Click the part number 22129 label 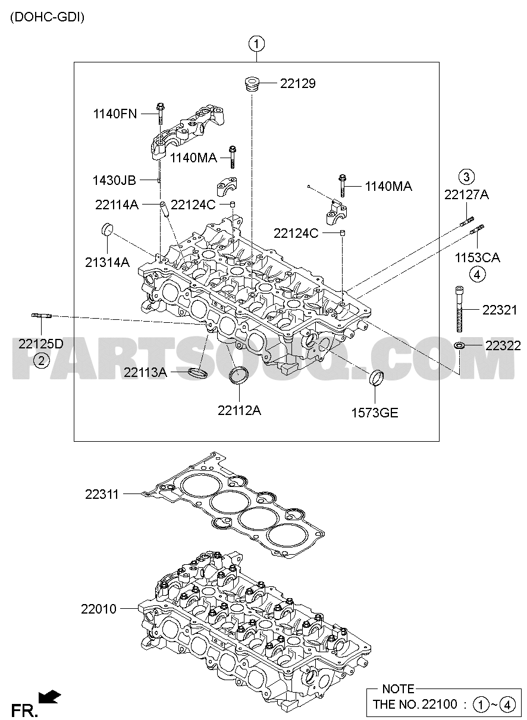(297, 84)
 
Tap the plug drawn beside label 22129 (251, 84)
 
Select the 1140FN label (115, 114)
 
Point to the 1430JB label (114, 180)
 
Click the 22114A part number (117, 205)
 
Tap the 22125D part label (41, 344)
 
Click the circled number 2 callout (42, 361)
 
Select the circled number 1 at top (256, 45)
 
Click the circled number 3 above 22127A (466, 177)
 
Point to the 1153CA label (477, 257)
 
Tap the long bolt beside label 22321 (459, 309)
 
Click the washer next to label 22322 (459, 346)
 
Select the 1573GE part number (375, 413)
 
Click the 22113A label (145, 373)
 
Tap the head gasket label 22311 (102, 494)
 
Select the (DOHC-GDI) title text (47, 17)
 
